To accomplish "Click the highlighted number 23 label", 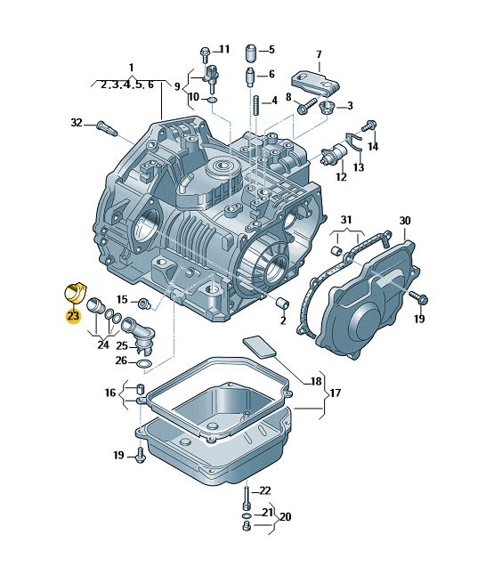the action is (x=73, y=315).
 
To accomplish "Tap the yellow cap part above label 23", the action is (x=75, y=292).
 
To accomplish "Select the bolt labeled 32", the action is (x=107, y=128).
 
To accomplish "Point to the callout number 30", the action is (x=405, y=221).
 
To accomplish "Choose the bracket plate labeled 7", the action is (x=315, y=85).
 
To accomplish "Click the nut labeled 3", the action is (x=325, y=108).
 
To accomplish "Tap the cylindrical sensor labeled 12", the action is (x=334, y=154).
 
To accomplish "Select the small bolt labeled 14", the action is (x=369, y=126).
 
